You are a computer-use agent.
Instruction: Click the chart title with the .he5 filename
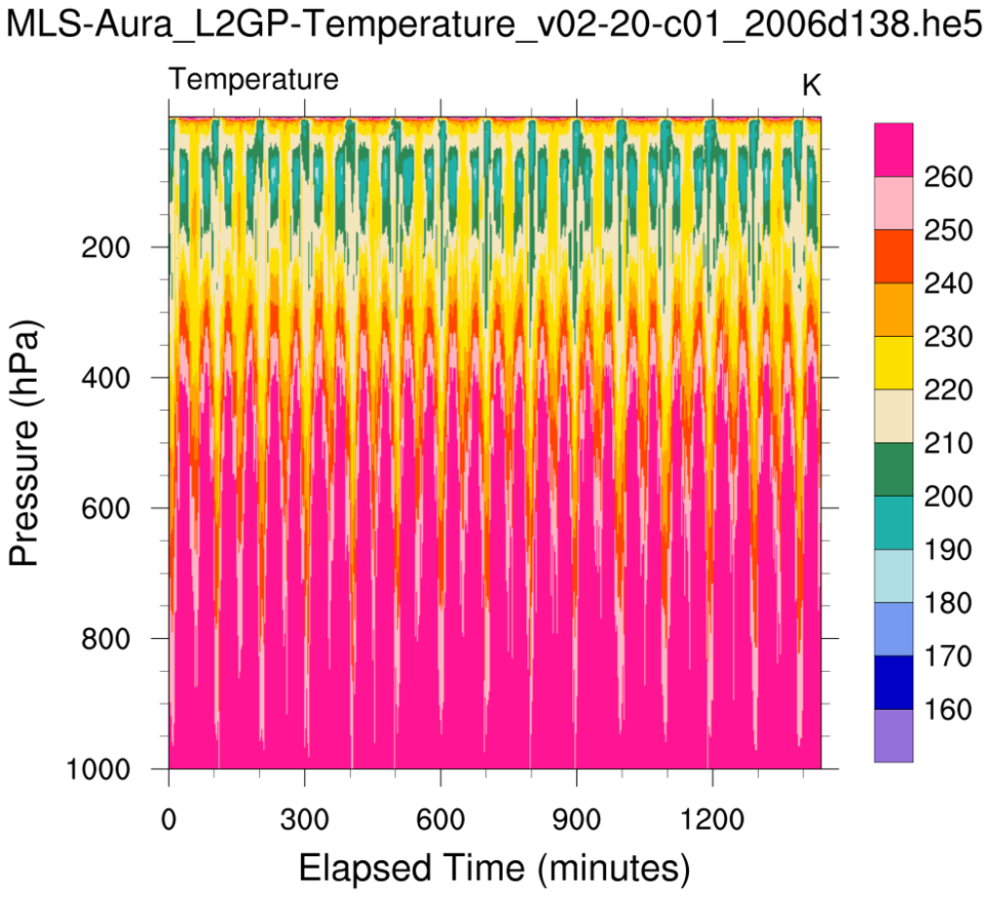click(494, 26)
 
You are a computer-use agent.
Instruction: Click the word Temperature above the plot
click(254, 80)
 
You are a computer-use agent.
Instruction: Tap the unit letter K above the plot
click(811, 86)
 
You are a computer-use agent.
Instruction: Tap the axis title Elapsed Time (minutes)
click(494, 865)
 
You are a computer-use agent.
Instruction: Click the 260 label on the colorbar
click(945, 177)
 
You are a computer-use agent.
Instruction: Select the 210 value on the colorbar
click(945, 443)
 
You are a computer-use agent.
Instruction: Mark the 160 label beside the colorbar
click(945, 709)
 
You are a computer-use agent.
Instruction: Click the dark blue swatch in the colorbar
click(894, 682)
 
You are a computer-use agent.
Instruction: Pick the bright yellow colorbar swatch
click(894, 363)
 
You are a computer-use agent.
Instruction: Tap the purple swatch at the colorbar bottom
click(894, 735)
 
